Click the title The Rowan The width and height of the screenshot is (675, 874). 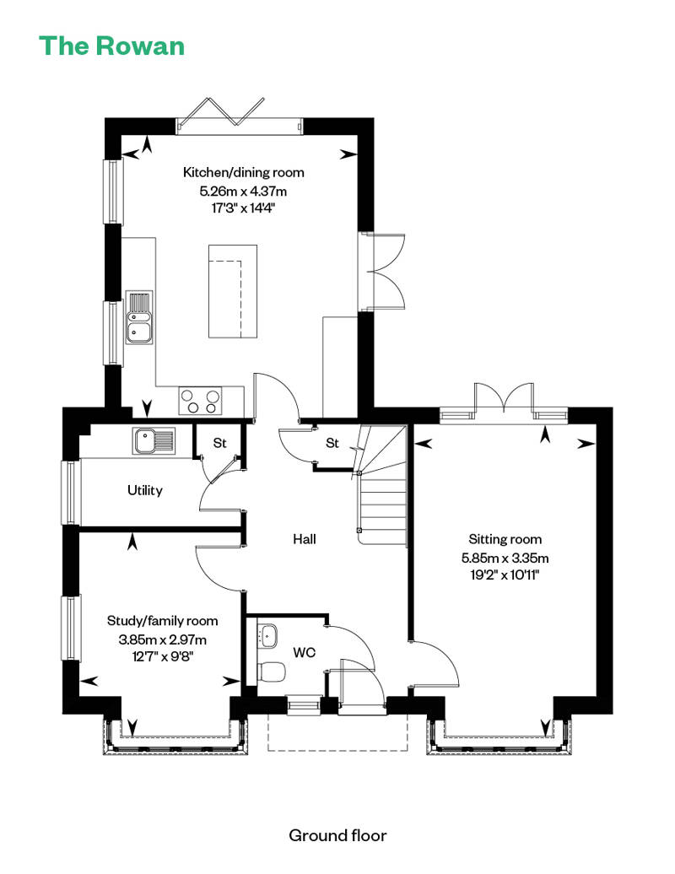pos(111,45)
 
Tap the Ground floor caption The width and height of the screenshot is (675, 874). pos(337,835)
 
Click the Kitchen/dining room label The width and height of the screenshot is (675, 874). pos(244,172)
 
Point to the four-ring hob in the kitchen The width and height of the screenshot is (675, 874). pos(201,400)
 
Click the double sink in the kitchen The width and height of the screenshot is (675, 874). pos(138,317)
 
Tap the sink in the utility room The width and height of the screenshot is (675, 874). pos(153,440)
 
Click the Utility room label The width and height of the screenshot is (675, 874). pos(144,489)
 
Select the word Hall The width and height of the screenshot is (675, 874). pos(304,538)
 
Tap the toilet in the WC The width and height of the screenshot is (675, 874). pos(271,672)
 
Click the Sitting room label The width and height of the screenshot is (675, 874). pos(505,539)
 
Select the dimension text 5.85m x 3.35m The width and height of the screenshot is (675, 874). pos(505,558)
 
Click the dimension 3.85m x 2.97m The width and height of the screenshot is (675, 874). pos(162,639)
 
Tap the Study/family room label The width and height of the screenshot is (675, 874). pos(162,620)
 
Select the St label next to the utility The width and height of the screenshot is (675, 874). pos(219,442)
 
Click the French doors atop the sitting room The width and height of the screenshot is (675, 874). pos(504,401)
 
